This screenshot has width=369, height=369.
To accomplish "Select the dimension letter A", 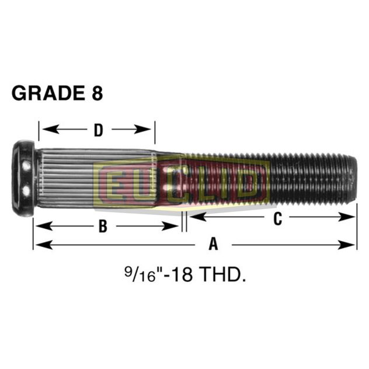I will click(213, 244).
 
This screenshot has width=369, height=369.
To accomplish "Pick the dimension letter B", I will click(103, 227).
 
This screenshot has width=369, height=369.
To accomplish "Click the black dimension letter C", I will click(278, 219).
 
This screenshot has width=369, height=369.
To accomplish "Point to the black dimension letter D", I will click(99, 130).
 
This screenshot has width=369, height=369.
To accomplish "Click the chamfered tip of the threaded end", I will click(353, 178).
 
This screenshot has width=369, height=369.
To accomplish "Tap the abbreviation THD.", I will click(220, 274).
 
